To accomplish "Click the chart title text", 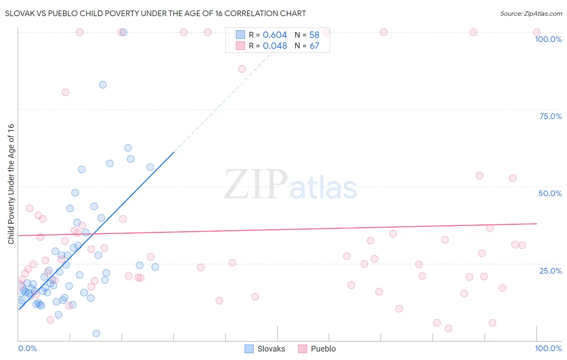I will (x=155, y=13).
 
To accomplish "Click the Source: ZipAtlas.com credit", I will (x=531, y=13).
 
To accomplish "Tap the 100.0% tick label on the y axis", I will (x=548, y=39).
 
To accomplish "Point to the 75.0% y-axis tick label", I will (x=550, y=116).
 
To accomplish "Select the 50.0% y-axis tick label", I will (x=550, y=193).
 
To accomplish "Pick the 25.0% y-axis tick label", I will (x=550, y=271).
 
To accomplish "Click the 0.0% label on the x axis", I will (x=27, y=348).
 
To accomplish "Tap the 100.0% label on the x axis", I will (x=548, y=348).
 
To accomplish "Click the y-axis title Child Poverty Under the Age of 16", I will (x=11, y=184).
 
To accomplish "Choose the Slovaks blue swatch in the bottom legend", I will (x=249, y=349).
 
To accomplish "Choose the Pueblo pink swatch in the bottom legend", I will (x=302, y=349).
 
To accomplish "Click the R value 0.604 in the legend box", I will (x=275, y=35).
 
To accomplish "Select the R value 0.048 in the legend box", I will (x=275, y=46).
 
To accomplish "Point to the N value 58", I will (x=314, y=35).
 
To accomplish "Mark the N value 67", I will (x=314, y=46).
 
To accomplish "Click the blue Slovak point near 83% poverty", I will (x=103, y=85).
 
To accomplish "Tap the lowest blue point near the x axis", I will (x=96, y=333).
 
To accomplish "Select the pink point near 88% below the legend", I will (x=242, y=69).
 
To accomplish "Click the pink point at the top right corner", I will (x=537, y=32).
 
